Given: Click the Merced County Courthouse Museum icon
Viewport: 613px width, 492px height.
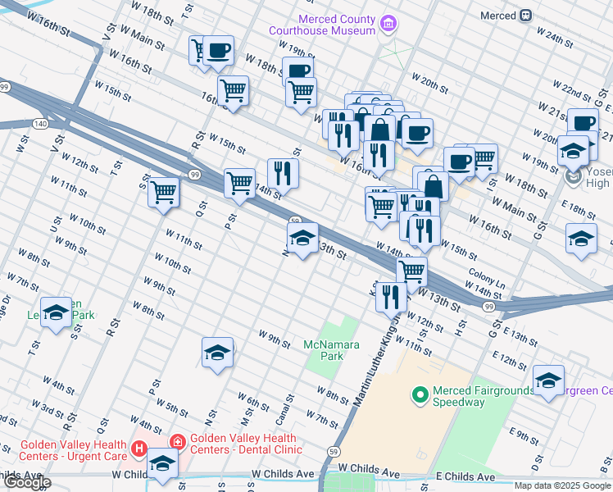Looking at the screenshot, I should click(x=388, y=25).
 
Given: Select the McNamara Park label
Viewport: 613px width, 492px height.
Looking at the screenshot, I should click(x=332, y=351).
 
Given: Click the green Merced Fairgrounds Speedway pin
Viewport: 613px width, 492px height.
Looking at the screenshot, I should click(x=421, y=396).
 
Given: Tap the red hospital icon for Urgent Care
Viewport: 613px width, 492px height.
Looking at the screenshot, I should click(x=139, y=449).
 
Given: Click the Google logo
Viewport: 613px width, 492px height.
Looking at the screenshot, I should click(x=26, y=482).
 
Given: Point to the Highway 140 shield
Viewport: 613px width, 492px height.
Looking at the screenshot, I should click(x=40, y=123).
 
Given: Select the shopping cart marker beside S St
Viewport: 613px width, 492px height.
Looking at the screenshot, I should click(x=164, y=192).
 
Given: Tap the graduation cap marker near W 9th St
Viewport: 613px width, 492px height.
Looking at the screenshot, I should click(x=217, y=353).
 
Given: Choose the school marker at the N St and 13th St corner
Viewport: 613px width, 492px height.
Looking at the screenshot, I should click(x=302, y=239).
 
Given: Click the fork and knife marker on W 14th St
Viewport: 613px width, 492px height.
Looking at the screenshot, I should click(x=283, y=174).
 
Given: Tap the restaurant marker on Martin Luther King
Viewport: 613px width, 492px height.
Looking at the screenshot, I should click(x=391, y=297).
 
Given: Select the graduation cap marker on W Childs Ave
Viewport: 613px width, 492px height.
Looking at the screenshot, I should click(x=162, y=463).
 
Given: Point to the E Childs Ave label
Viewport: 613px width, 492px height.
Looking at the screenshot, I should click(x=465, y=476).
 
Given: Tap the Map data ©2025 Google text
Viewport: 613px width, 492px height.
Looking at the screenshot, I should click(x=563, y=485).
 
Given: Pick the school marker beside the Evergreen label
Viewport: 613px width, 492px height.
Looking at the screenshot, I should click(x=548, y=380).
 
